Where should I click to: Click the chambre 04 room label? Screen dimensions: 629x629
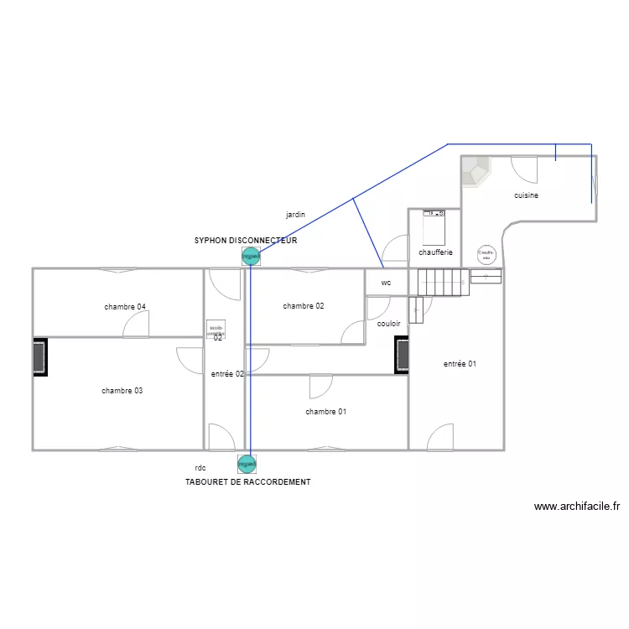click(x=125, y=307)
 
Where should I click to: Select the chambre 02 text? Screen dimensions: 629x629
click(x=304, y=306)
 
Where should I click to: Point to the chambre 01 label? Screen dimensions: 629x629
click(x=326, y=412)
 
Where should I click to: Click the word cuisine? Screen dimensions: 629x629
click(x=527, y=195)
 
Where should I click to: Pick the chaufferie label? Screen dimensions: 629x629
click(x=435, y=252)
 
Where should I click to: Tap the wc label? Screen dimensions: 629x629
click(x=386, y=283)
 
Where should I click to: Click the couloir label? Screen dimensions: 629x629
click(x=388, y=323)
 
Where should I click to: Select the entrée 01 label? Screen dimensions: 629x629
click(x=460, y=364)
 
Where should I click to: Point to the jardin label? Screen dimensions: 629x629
click(x=295, y=216)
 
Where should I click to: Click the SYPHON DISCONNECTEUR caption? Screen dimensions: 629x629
click(x=246, y=241)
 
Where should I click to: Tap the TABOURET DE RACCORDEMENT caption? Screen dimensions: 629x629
click(x=247, y=482)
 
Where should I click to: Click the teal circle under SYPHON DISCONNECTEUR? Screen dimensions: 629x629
click(x=250, y=256)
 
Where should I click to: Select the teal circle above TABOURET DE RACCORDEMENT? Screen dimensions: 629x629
click(x=247, y=463)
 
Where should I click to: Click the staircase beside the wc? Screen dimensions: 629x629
click(x=442, y=282)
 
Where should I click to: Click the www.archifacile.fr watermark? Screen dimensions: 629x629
click(x=576, y=507)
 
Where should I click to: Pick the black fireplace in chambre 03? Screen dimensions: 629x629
click(x=39, y=357)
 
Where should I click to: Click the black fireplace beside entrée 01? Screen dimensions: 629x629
click(x=402, y=355)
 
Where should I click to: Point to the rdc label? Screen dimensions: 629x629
click(x=200, y=468)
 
